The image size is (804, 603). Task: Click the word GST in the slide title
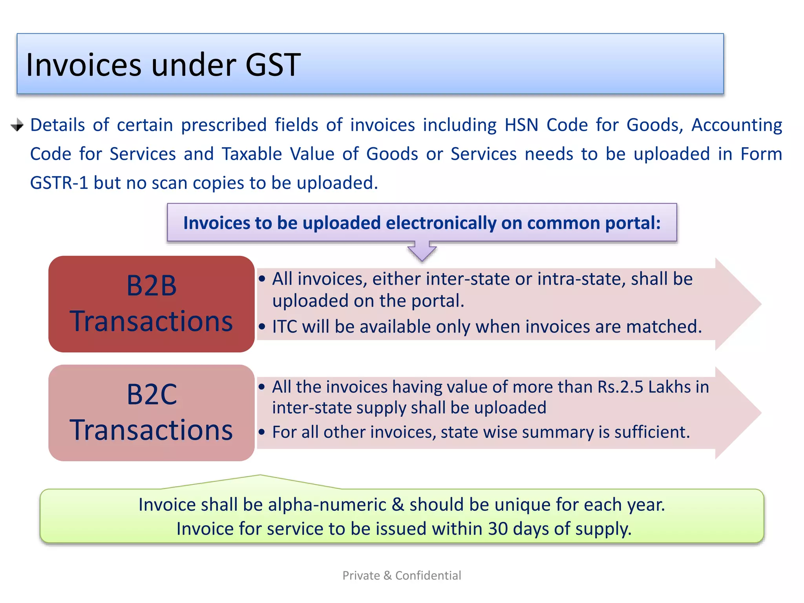(x=273, y=65)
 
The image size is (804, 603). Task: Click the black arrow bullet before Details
(x=17, y=125)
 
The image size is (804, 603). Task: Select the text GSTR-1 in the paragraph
(x=59, y=183)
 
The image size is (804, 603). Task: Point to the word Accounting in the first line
(x=736, y=125)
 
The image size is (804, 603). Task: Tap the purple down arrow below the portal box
(x=422, y=251)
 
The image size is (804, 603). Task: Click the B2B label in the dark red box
(x=152, y=286)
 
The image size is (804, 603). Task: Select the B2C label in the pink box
(x=152, y=395)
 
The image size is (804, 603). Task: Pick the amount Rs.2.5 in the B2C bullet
(x=620, y=387)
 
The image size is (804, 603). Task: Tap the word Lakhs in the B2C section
(x=669, y=387)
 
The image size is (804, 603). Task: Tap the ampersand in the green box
(x=398, y=505)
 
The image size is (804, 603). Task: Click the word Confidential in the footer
(x=428, y=576)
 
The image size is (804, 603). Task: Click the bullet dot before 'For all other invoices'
(x=262, y=432)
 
